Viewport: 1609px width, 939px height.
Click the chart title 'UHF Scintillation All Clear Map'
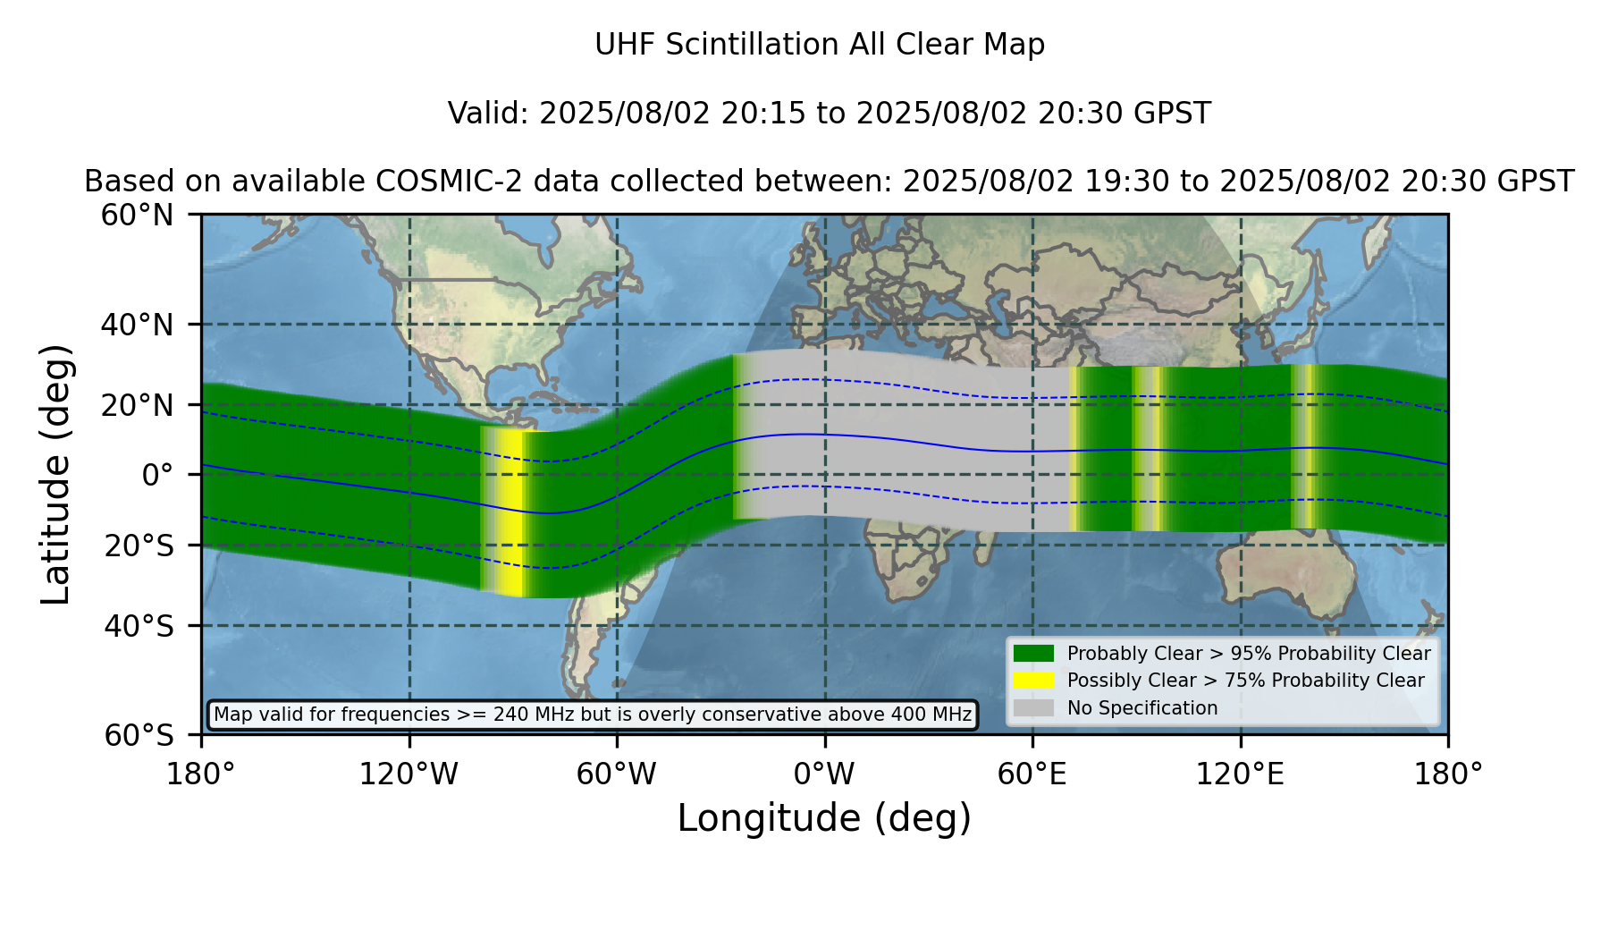[x=820, y=45]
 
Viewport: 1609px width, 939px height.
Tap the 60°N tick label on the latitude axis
[x=137, y=216]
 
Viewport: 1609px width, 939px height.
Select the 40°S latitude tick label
[x=139, y=626]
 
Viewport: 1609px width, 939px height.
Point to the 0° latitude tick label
[x=157, y=475]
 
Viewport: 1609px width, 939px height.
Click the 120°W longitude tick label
[x=409, y=774]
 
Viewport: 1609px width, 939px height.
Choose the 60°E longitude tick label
[x=1032, y=774]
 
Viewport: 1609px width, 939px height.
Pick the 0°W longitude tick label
[x=824, y=774]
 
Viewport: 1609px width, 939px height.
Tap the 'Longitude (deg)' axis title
[x=824, y=818]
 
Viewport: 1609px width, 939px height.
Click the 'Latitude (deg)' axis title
[x=55, y=474]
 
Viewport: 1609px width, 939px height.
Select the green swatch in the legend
[x=1033, y=654]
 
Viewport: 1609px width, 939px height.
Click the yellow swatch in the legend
[x=1033, y=681]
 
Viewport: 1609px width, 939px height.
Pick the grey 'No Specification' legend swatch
[x=1033, y=708]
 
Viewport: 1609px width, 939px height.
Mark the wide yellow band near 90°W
[x=508, y=512]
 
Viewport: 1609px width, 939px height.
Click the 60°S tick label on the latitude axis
[x=139, y=736]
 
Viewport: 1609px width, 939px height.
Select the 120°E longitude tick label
[x=1240, y=774]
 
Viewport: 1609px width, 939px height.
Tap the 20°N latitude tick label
[x=137, y=405]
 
